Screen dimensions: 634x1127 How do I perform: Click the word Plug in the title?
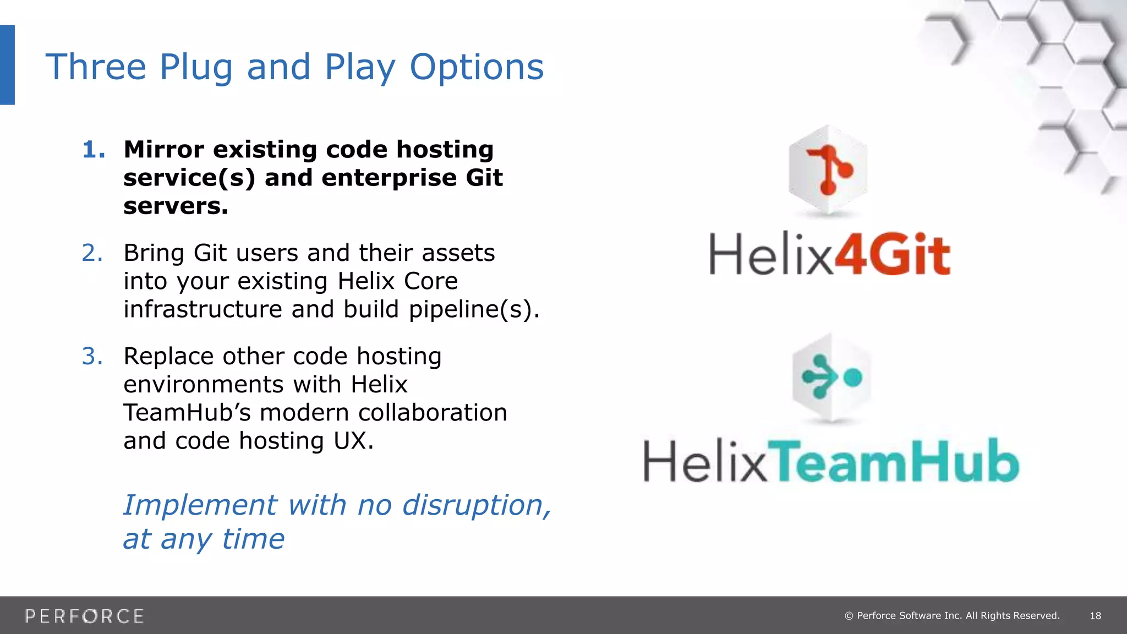pyautogui.click(x=196, y=67)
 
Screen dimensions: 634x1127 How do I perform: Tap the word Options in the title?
pyautogui.click(x=477, y=67)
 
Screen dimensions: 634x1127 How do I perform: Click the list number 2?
pyautogui.click(x=92, y=253)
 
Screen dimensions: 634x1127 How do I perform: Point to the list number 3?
pyautogui.click(x=92, y=357)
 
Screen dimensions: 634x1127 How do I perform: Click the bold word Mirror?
pyautogui.click(x=164, y=150)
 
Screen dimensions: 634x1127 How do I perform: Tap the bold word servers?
pyautogui.click(x=176, y=206)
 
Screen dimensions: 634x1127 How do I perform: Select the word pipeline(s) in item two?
pyautogui.click(x=473, y=309)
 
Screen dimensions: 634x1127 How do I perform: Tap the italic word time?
pyautogui.click(x=253, y=539)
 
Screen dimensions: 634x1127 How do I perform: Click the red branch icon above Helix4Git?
pyautogui.click(x=829, y=170)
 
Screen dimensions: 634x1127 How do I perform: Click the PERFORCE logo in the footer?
pyautogui.click(x=85, y=616)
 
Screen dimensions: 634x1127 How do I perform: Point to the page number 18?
pyautogui.click(x=1095, y=616)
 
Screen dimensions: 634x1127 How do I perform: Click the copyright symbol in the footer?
pyautogui.click(x=849, y=616)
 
